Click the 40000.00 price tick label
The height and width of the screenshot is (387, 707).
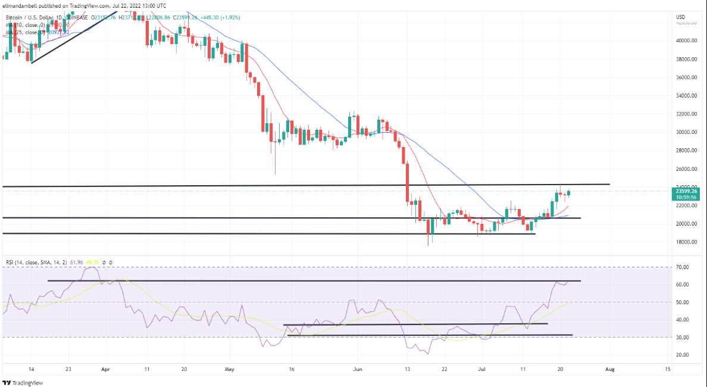(687, 40)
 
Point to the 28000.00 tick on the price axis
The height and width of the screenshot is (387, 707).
(687, 151)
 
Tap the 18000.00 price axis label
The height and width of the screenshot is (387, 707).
(687, 242)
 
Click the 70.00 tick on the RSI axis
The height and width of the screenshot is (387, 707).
(683, 267)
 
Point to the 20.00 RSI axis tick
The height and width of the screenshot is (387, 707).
(683, 355)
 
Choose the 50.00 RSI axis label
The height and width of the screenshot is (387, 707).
(683, 302)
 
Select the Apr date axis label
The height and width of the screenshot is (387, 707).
(107, 369)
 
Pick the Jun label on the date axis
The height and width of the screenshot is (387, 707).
(357, 369)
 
